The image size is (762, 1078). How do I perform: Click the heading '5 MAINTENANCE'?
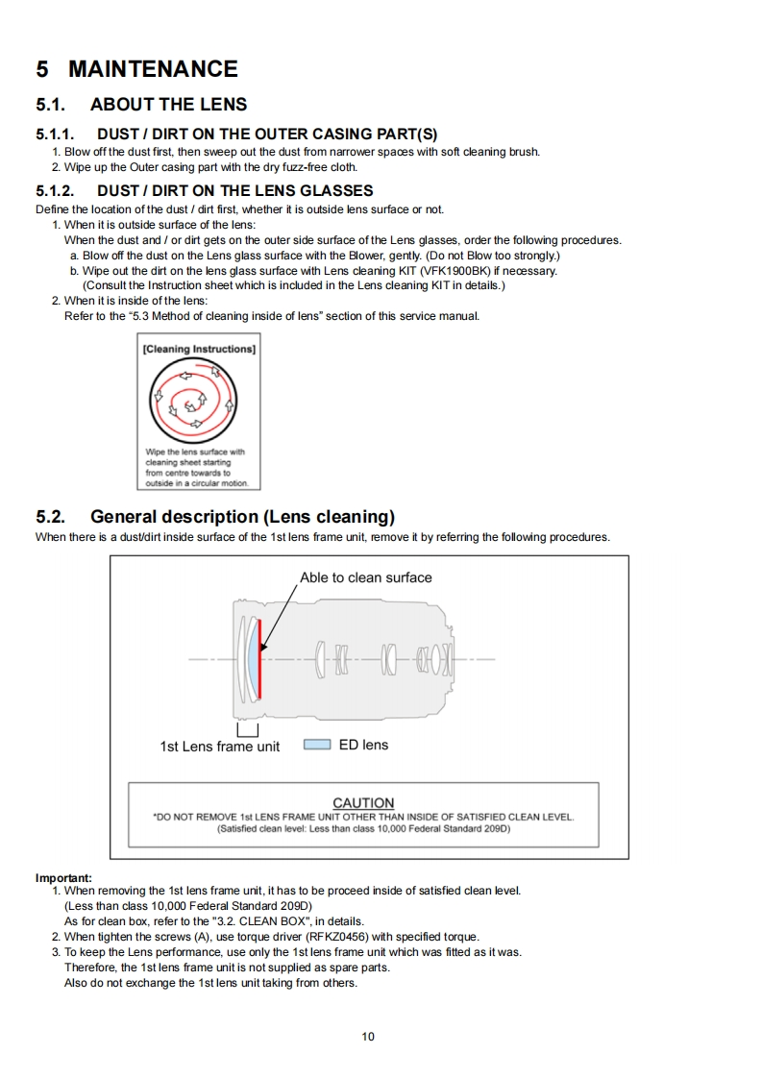coord(136,69)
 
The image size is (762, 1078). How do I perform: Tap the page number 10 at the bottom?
coord(368,1036)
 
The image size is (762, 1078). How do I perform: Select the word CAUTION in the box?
coord(363,802)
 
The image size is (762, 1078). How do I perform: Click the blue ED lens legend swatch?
coord(317,745)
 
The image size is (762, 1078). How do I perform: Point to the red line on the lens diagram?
coord(259,660)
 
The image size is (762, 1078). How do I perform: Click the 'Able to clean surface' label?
coord(365,577)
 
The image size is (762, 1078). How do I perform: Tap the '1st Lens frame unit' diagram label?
coord(219,746)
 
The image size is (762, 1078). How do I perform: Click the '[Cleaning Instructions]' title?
coord(199,349)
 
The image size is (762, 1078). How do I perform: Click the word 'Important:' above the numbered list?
coord(63,877)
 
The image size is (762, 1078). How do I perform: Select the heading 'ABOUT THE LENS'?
coord(168,105)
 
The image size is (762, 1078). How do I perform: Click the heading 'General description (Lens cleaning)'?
coord(242,517)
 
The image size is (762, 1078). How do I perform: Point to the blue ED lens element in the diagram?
coord(252,660)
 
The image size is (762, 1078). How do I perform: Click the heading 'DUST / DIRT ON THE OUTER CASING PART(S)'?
coord(267,135)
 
